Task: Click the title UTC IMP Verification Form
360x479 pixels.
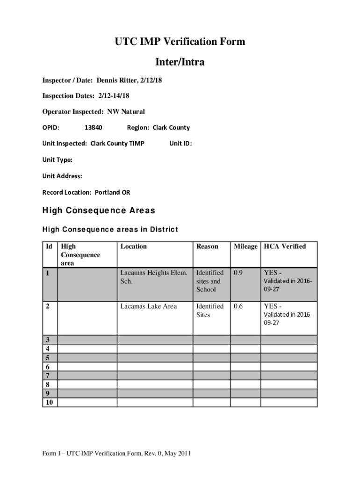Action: click(180, 42)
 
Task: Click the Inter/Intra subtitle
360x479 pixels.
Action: click(180, 62)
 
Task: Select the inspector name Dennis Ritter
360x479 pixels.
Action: click(118, 81)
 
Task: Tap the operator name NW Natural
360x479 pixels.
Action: click(126, 112)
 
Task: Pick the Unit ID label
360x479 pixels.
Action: click(180, 144)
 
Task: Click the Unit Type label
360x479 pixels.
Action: click(58, 160)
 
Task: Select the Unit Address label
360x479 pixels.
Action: click(62, 176)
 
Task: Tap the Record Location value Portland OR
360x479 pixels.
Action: click(112, 193)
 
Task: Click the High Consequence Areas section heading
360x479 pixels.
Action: click(99, 211)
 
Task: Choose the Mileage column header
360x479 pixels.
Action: click(245, 247)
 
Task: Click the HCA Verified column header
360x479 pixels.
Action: click(285, 247)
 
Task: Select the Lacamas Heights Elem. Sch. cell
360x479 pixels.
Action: click(154, 277)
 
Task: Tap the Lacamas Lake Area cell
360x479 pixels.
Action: click(149, 306)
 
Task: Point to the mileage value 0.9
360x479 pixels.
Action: click(239, 273)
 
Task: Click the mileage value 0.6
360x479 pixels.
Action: click(239, 306)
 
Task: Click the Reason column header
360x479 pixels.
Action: click(207, 247)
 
